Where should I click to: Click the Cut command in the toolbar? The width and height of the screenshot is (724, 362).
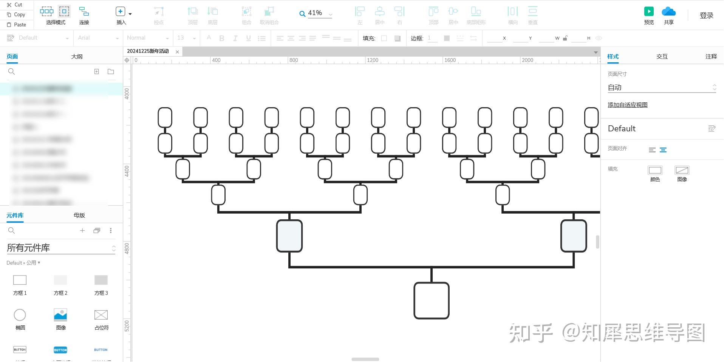15,5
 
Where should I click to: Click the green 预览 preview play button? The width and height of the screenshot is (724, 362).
649,12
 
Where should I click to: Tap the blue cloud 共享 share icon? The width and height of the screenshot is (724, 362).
668,12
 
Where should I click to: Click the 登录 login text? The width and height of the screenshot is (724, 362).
706,15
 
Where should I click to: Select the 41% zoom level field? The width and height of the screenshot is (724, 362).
316,13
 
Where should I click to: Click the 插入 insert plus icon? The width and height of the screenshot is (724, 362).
120,12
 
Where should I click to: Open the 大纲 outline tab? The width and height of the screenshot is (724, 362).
77,57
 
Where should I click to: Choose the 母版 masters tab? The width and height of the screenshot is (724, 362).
79,215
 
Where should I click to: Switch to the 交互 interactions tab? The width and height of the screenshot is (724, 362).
662,57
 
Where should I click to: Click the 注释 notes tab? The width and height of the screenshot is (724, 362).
711,57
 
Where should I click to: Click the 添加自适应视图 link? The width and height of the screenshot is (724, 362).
627,105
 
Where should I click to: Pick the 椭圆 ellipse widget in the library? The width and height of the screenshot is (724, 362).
20,315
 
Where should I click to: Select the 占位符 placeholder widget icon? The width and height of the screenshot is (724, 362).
101,315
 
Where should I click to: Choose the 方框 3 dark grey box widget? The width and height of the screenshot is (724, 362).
101,280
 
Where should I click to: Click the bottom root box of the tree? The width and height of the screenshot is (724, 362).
431,300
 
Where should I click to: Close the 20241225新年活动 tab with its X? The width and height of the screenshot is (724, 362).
177,52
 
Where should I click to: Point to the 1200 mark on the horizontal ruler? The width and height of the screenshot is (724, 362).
372,60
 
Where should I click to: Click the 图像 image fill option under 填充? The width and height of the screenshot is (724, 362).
682,171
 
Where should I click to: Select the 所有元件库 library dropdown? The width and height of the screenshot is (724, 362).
60,248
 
